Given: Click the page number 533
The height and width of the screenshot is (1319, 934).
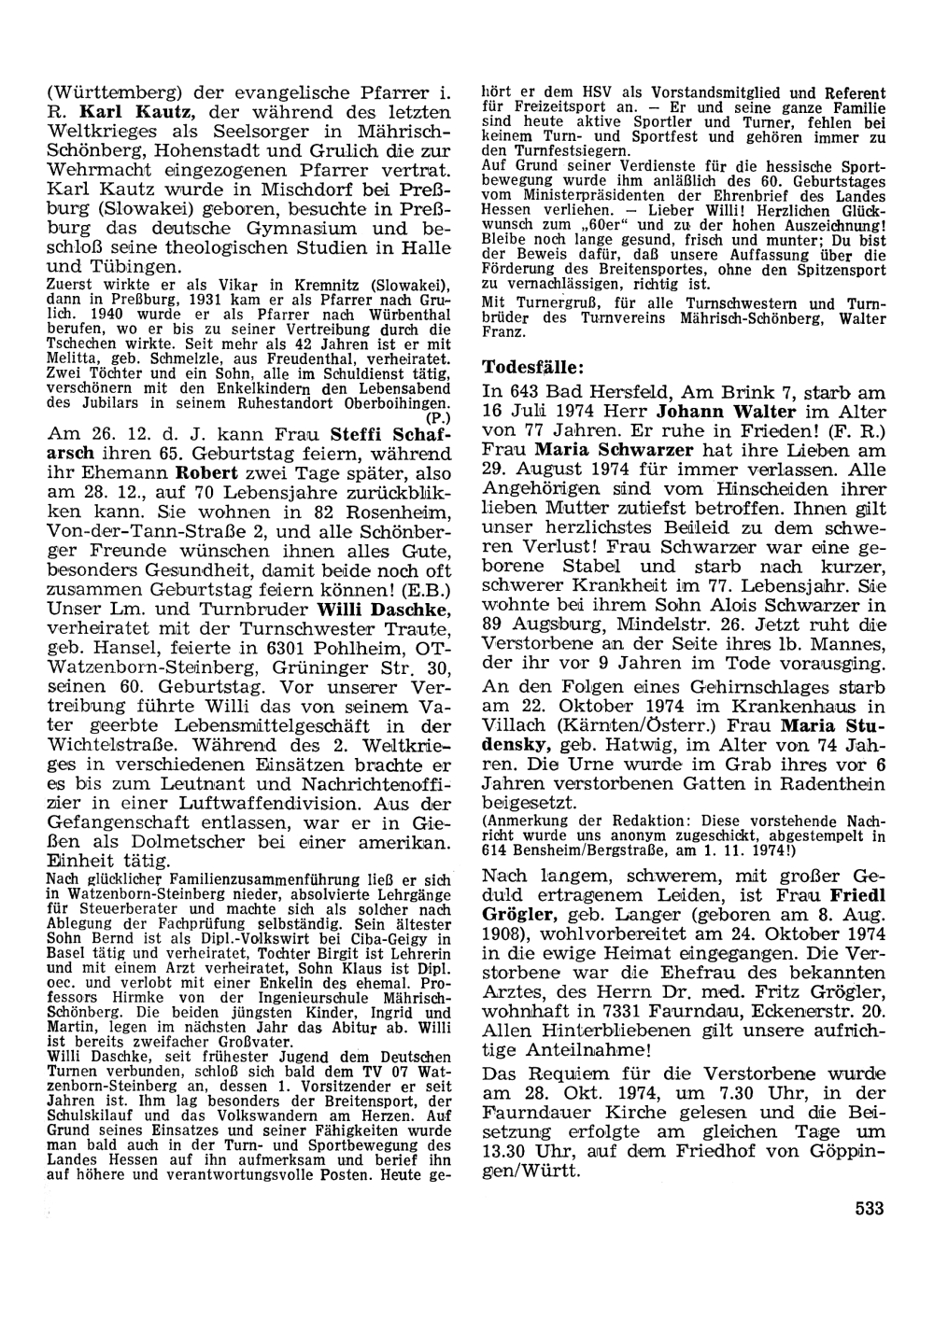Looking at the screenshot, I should [869, 1208].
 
